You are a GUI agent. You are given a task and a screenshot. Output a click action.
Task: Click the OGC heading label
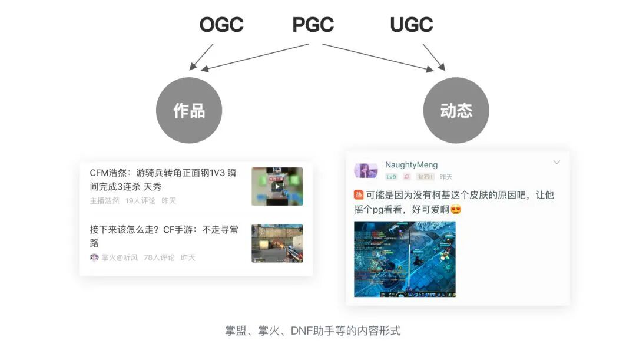pos(221,25)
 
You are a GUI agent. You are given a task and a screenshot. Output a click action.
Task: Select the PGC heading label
pos(313,25)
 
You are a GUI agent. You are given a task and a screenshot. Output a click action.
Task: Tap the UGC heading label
pos(411,25)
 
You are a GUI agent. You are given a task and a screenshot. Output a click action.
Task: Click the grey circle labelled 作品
pos(189,111)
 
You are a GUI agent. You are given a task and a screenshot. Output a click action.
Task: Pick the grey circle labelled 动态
pos(456,111)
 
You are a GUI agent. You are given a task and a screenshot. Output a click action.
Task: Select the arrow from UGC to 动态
pos(434,57)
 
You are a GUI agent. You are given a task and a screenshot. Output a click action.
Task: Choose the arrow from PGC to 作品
pos(259,57)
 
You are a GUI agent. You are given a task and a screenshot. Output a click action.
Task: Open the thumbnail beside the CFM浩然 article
pos(277,186)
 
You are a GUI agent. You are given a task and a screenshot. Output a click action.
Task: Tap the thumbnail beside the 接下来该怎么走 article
pos(277,243)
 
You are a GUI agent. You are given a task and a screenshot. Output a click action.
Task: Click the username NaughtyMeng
pos(411,165)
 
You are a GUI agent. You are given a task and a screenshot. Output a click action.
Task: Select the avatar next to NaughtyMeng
pos(366,170)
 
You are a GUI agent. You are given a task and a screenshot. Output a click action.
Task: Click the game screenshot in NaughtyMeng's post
pos(405,259)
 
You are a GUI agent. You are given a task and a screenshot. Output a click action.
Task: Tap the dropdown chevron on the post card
pos(556,163)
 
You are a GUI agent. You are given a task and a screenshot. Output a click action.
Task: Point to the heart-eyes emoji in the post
pos(455,210)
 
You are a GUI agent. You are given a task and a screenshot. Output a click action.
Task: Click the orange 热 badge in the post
pos(359,195)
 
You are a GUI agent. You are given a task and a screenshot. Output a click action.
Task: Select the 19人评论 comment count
pos(140,200)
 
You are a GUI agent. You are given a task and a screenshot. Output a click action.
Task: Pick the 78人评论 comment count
pos(159,257)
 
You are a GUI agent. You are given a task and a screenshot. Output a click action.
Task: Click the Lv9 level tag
pos(391,177)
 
